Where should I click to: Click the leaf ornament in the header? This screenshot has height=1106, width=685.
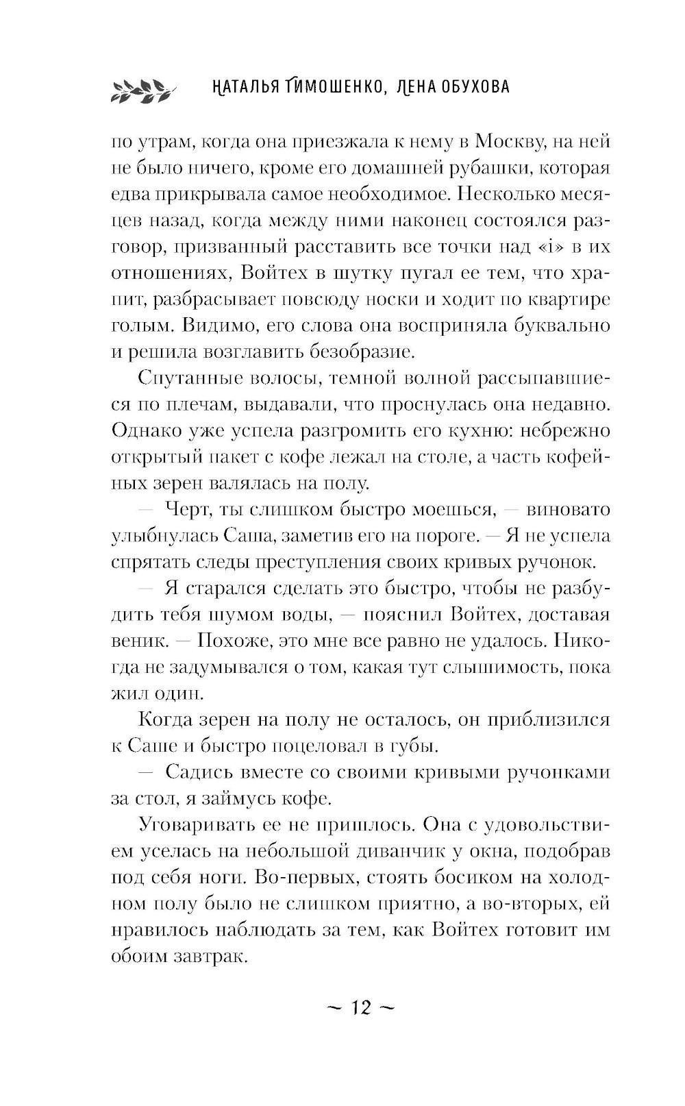[141, 89]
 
